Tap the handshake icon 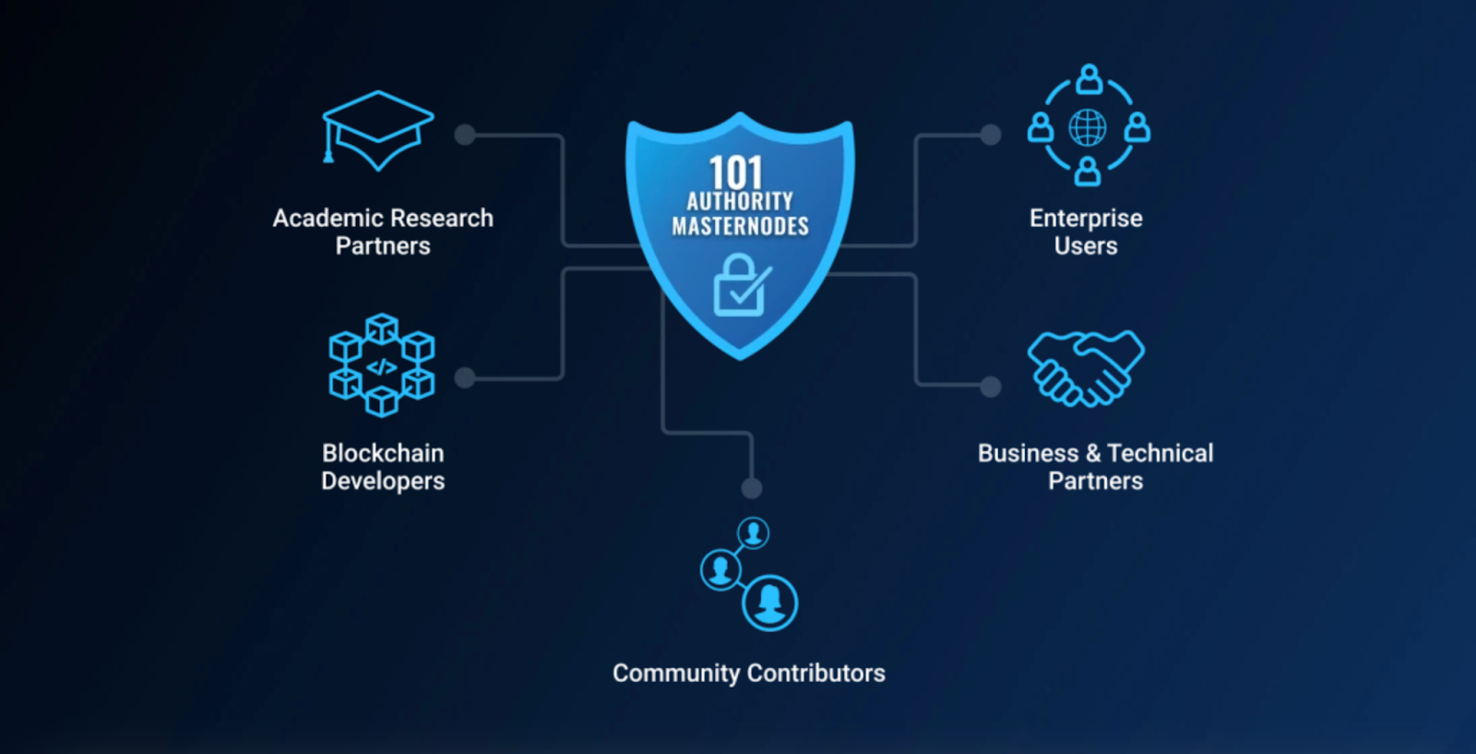(1086, 367)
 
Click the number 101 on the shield (736, 173)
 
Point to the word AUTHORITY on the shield (740, 201)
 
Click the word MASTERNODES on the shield (740, 226)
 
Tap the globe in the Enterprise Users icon (1088, 127)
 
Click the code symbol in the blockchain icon (381, 367)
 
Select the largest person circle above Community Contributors (769, 603)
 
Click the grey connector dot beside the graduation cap (465, 135)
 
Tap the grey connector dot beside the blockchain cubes (465, 377)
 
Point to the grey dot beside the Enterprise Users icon (991, 135)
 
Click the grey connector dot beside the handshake (991, 386)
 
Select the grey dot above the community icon (752, 487)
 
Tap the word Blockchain (383, 453)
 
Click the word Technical (1161, 453)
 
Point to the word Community (675, 674)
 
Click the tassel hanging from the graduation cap (327, 150)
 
